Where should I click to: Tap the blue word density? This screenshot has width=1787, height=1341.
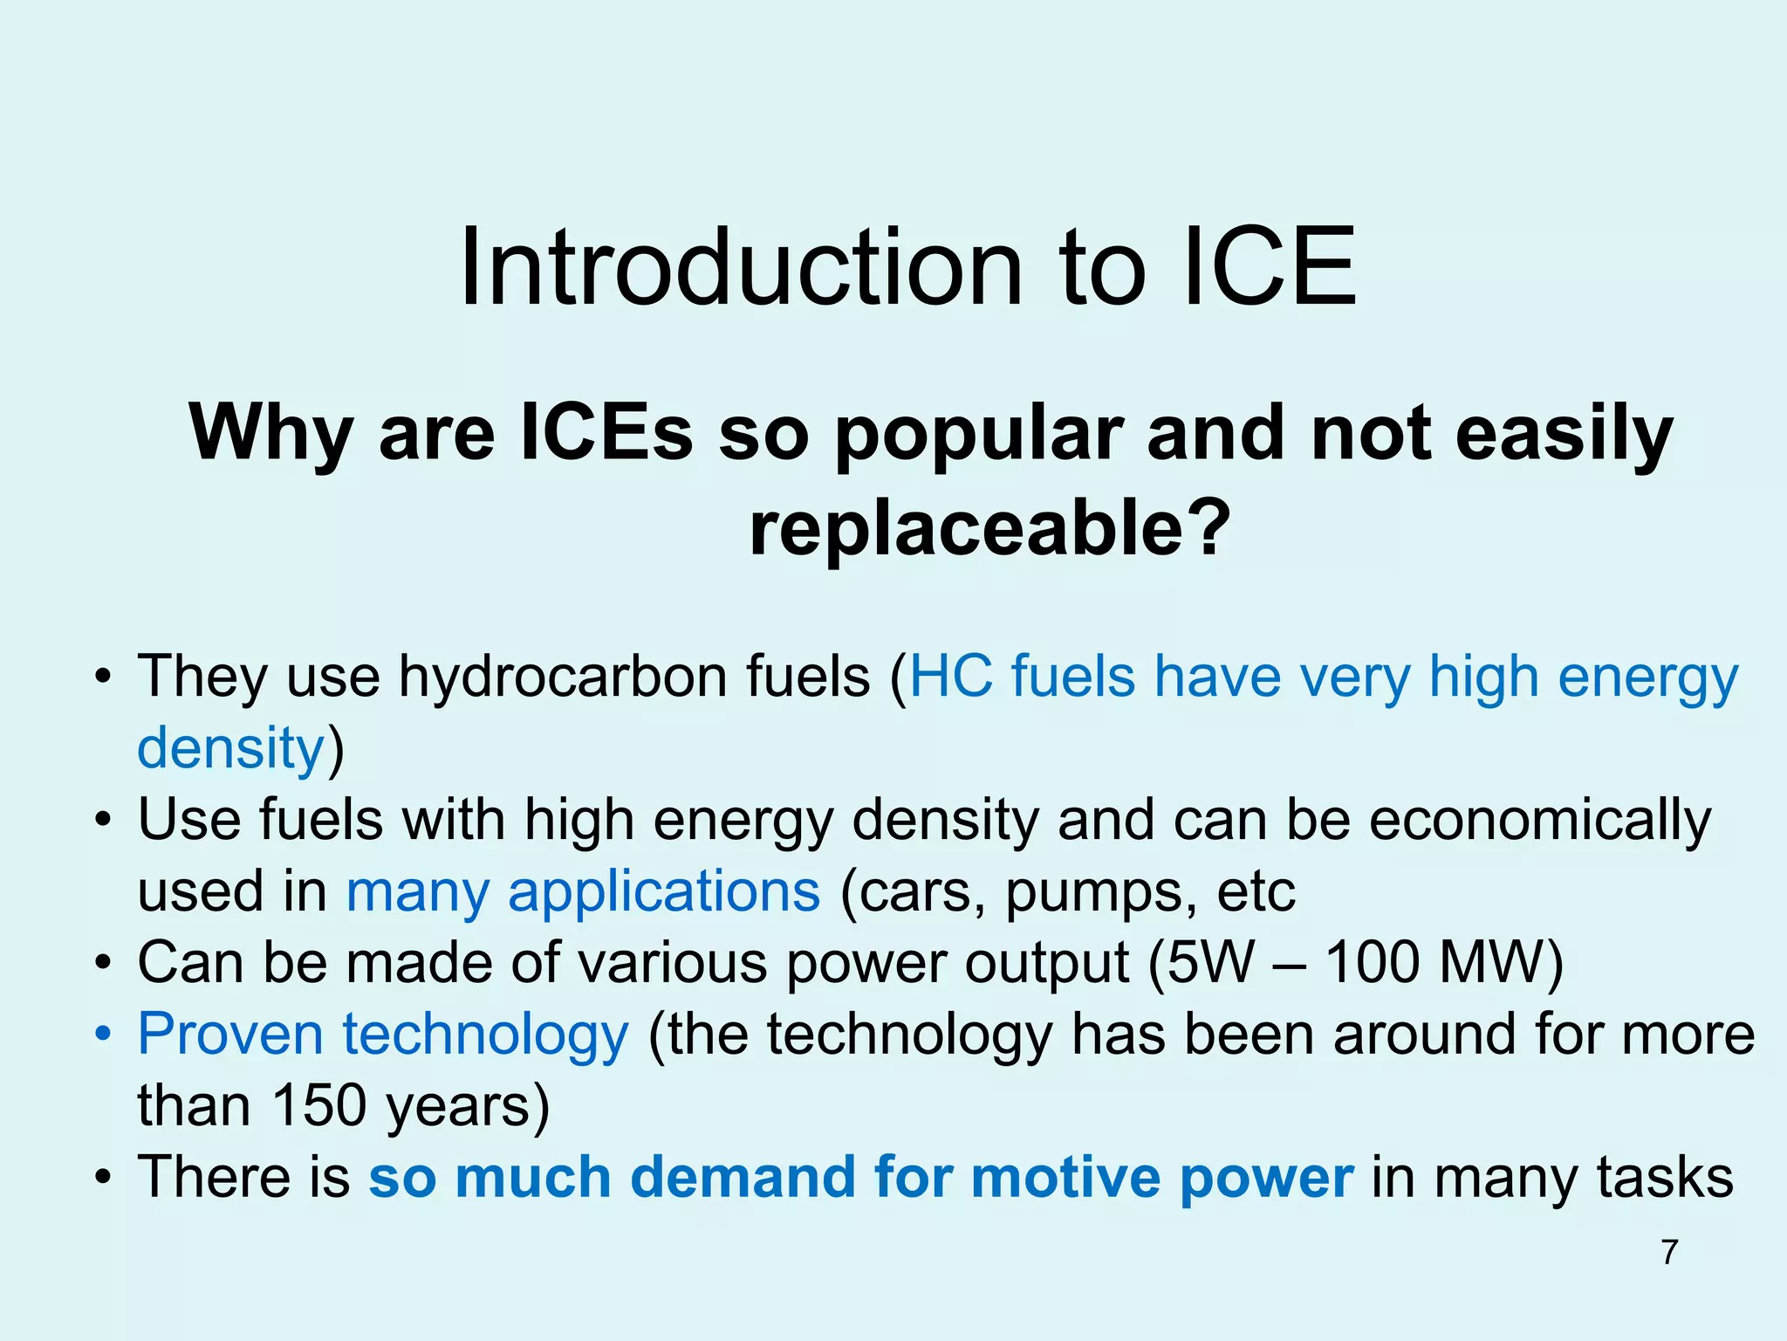click(231, 748)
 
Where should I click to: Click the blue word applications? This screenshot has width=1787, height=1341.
click(664, 891)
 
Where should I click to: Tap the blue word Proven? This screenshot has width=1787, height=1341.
click(230, 1035)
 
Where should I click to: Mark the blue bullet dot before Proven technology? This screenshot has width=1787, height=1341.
click(104, 1035)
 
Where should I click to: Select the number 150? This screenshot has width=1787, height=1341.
click(318, 1106)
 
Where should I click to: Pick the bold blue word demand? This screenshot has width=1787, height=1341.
click(742, 1177)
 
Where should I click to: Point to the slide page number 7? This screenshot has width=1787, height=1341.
click(1670, 1252)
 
